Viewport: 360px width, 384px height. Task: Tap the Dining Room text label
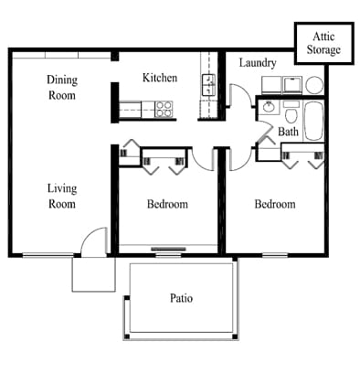pyautogui.click(x=61, y=87)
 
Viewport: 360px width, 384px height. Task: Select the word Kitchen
pyautogui.click(x=160, y=78)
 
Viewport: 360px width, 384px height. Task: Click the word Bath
pyautogui.click(x=289, y=132)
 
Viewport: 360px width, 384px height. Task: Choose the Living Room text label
pyautogui.click(x=61, y=197)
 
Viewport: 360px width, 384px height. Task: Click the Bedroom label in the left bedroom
pyautogui.click(x=167, y=204)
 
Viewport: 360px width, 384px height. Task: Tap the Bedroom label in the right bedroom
pyautogui.click(x=274, y=204)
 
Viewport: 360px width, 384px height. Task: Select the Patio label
pyautogui.click(x=181, y=298)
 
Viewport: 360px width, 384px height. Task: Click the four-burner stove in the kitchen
pyautogui.click(x=164, y=109)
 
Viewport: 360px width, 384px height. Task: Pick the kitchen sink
pyautogui.click(x=208, y=87)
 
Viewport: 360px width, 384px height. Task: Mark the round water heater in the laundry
pyautogui.click(x=314, y=85)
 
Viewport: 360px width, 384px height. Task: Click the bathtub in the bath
pyautogui.click(x=313, y=121)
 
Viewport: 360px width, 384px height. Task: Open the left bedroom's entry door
pyautogui.click(x=203, y=159)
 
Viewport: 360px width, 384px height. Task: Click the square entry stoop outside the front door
pyautogui.click(x=93, y=272)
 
